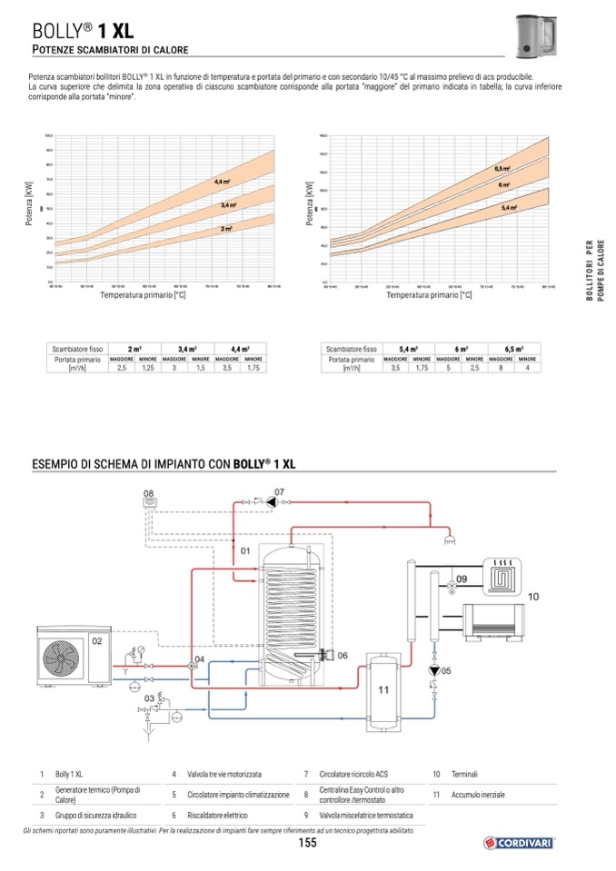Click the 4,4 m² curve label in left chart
(x=222, y=183)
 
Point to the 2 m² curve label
(x=226, y=229)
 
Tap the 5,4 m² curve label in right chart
(x=509, y=208)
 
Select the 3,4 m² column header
(x=187, y=349)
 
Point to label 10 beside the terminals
(x=533, y=596)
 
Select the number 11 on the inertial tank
(x=383, y=689)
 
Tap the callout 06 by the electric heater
(x=342, y=655)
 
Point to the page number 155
(x=307, y=844)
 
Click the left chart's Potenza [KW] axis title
(x=29, y=209)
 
